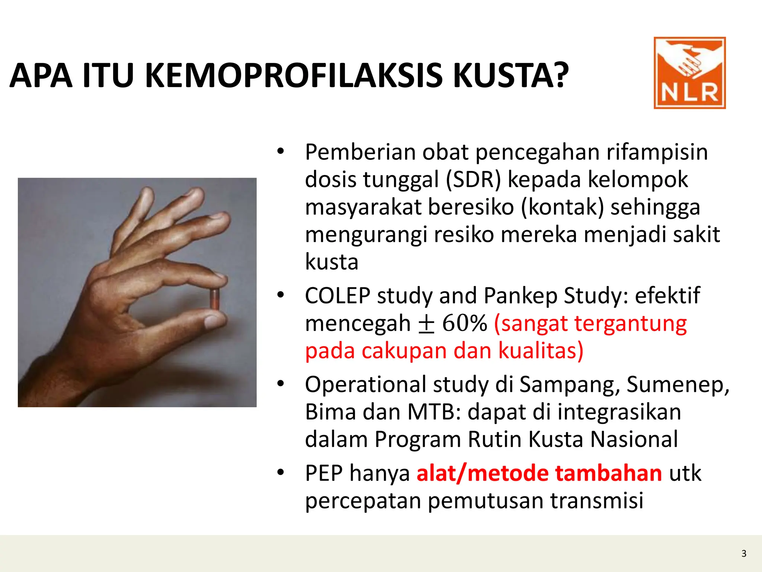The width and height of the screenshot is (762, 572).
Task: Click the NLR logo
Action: pos(689,73)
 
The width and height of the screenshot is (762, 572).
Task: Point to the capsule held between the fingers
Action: pos(215,298)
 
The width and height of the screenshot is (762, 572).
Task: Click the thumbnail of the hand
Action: pos(137,292)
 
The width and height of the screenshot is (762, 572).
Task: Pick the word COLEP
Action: pos(337,296)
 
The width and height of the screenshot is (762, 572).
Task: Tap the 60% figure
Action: pos(464,323)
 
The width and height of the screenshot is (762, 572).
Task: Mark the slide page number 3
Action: pos(744,554)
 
